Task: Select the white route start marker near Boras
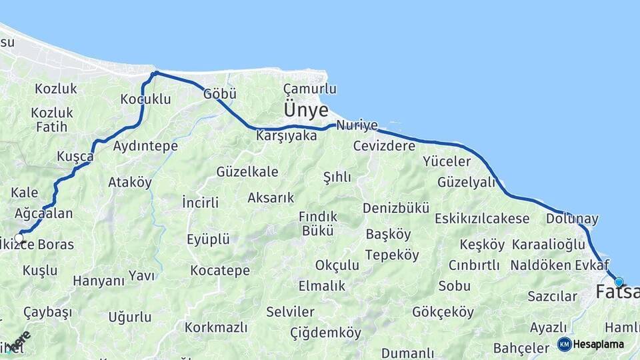click(x=19, y=238)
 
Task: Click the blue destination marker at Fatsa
click(x=619, y=282)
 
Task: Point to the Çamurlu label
click(x=309, y=89)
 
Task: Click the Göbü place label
click(x=220, y=94)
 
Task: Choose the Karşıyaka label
click(x=286, y=135)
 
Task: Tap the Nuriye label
click(x=357, y=125)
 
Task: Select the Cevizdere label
click(x=384, y=145)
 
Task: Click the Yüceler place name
click(x=447, y=161)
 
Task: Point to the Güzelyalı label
click(x=467, y=182)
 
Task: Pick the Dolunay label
click(x=572, y=219)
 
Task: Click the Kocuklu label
click(x=145, y=99)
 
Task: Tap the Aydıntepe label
click(x=145, y=145)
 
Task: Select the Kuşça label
click(x=75, y=156)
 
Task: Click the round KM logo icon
click(x=565, y=344)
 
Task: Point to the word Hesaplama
click(x=599, y=344)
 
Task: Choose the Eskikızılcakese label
click(x=482, y=219)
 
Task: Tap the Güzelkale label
click(x=247, y=172)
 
